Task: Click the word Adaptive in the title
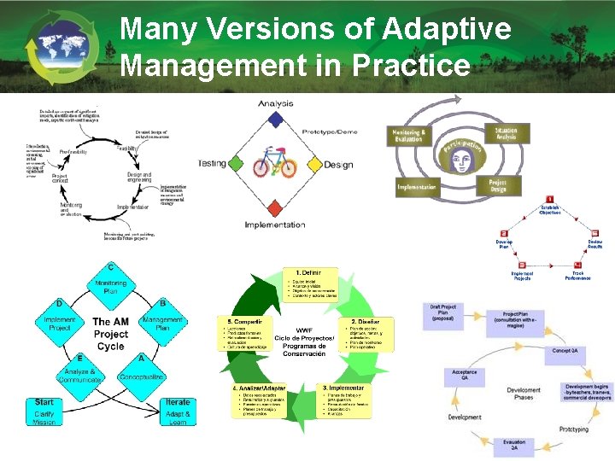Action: (448, 30)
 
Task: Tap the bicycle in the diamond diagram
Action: (274, 163)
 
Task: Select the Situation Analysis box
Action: (506, 134)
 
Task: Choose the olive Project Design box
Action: (497, 185)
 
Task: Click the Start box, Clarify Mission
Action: (44, 411)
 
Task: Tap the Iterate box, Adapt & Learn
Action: (178, 411)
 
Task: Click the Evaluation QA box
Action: (514, 446)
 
